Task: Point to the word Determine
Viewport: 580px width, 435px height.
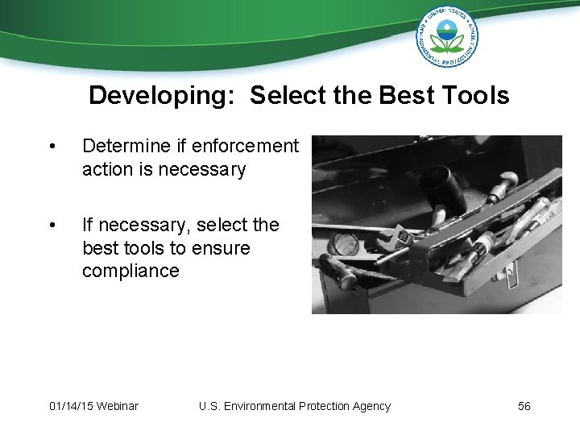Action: (126, 146)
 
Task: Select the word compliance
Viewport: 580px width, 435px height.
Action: (130, 271)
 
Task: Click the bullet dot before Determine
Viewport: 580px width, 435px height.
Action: (52, 147)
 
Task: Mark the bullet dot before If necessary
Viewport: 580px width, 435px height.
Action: (52, 226)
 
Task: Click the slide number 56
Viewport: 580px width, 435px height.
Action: (524, 406)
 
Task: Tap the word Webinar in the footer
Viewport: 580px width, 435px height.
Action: (118, 406)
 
